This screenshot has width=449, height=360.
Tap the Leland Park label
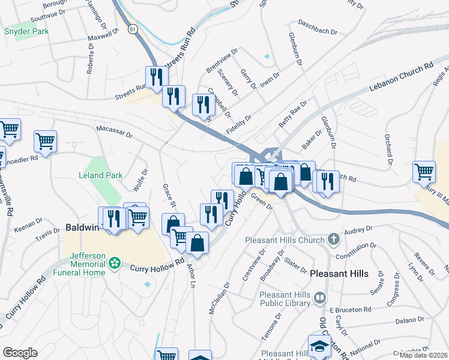pyautogui.click(x=100, y=175)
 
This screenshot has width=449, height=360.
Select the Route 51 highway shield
pyautogui.click(x=132, y=28)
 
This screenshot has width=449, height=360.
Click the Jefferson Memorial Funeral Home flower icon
pyautogui.click(x=115, y=263)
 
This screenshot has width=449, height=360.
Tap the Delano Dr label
pyautogui.click(x=410, y=321)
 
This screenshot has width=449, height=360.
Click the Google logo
pyautogui.click(x=20, y=352)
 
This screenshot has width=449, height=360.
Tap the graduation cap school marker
pyautogui.click(x=319, y=345)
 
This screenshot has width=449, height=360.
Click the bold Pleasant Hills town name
pyautogui.click(x=339, y=273)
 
